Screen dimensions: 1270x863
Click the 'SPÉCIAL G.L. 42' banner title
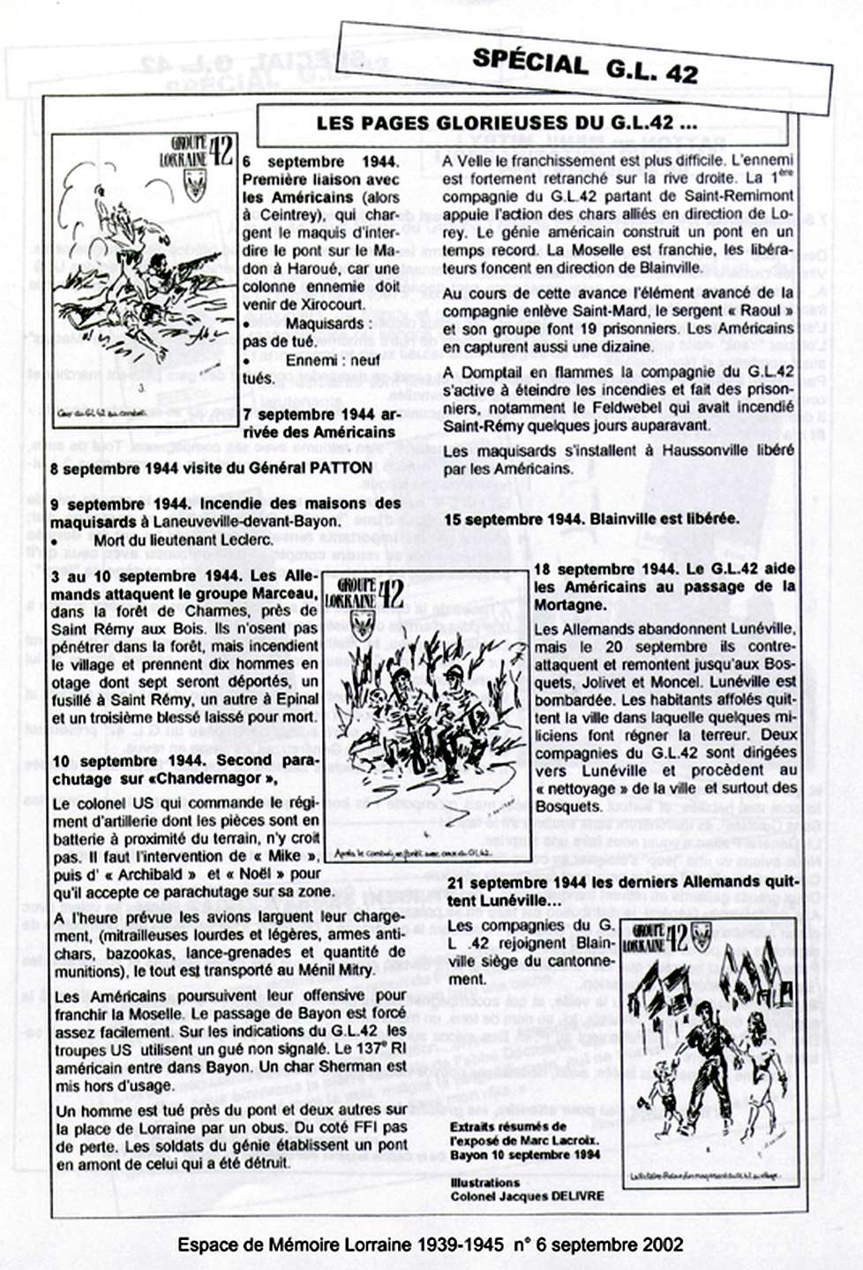pos(585,66)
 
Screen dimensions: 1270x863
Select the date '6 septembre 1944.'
pos(320,162)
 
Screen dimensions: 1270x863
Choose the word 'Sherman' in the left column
pos(358,1066)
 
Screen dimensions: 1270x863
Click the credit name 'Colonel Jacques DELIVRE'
pos(528,1196)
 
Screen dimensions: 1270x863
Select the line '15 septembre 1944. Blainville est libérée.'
pos(591,519)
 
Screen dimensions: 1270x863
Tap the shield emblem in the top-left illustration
pos(193,184)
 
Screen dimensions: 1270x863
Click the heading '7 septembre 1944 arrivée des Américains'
pos(319,423)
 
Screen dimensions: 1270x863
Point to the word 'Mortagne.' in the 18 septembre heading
pos(570,605)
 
